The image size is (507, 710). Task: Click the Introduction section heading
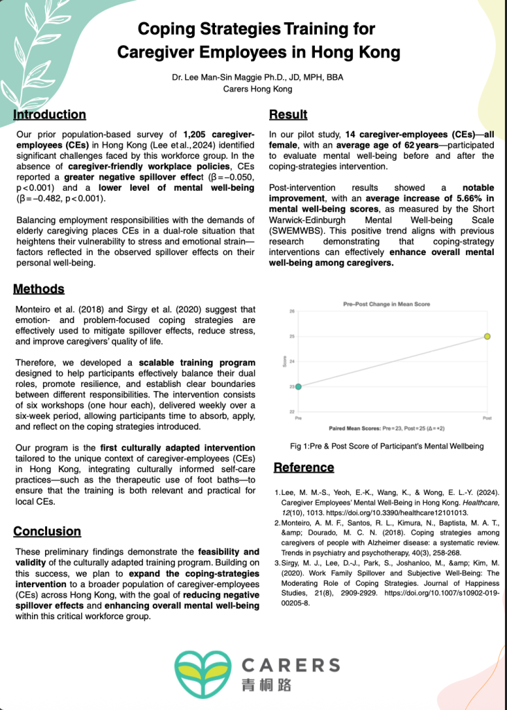50,115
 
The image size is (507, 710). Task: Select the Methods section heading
40,288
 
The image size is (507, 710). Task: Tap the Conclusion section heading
47,532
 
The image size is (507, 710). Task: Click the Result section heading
288,115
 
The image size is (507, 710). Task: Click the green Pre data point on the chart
298,386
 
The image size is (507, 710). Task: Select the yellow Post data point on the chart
488,336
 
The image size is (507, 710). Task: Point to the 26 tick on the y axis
292,311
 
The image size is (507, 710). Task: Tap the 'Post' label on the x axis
487,419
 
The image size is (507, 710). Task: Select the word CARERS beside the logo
291,666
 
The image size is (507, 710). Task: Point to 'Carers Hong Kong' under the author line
257,89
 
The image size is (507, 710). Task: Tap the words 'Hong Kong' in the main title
352,52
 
